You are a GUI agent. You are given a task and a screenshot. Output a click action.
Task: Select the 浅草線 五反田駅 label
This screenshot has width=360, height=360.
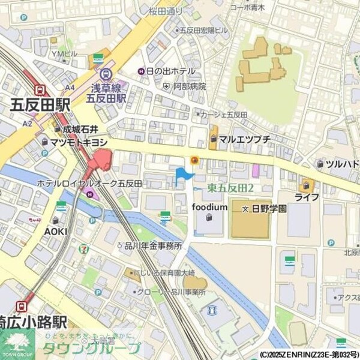(108, 93)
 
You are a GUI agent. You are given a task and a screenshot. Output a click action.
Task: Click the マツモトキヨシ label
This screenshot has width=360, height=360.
(79, 142)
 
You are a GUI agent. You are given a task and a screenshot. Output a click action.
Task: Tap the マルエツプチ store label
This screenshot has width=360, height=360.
(244, 140)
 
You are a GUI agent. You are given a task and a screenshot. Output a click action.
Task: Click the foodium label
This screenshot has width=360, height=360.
(209, 207)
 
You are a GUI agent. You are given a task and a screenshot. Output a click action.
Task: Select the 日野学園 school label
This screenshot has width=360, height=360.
(268, 208)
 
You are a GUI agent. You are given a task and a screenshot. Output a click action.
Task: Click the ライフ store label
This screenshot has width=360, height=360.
(307, 197)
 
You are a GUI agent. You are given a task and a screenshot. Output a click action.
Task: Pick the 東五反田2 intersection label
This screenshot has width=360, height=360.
(231, 188)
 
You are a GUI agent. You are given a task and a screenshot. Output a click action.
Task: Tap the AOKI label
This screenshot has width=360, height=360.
(56, 230)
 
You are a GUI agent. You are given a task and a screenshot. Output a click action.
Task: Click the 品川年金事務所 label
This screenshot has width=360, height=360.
(153, 245)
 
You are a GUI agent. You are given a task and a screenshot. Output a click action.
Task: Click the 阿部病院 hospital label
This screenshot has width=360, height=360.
(190, 86)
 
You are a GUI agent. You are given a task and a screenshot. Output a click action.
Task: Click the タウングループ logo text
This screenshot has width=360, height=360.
(90, 347)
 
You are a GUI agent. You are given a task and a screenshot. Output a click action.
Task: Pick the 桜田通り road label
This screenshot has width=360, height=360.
(166, 11)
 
